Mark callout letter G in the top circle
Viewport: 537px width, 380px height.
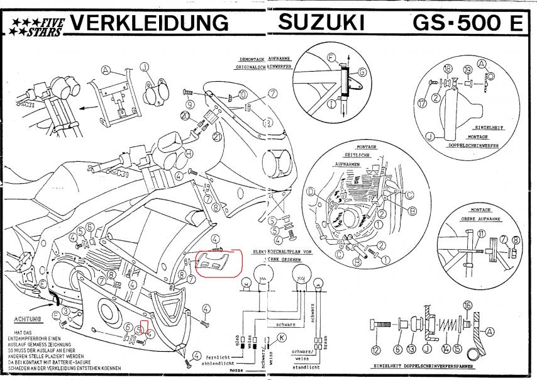[362, 72]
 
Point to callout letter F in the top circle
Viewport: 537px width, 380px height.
[332, 58]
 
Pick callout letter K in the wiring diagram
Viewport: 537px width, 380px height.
[282, 338]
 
